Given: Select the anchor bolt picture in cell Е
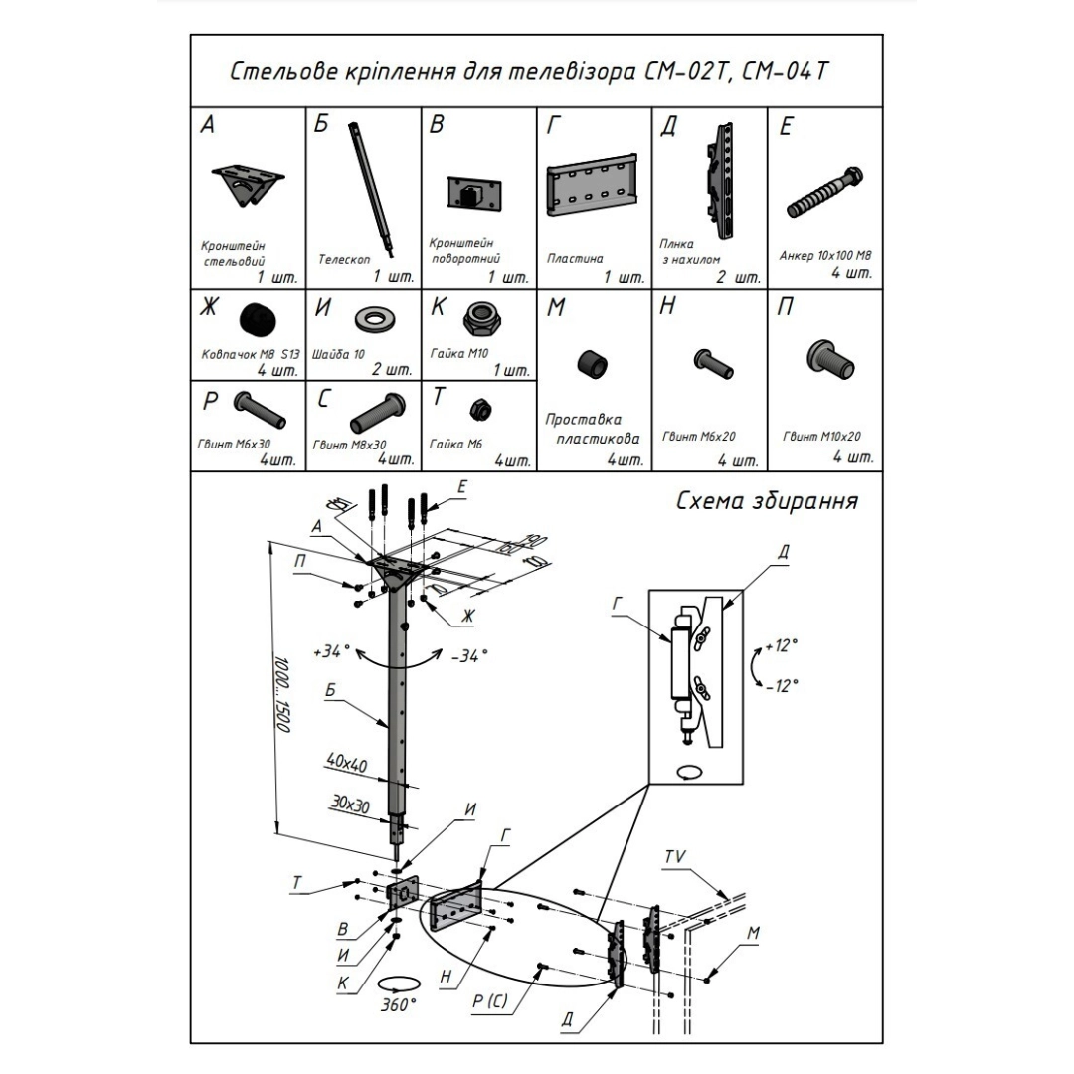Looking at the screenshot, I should pyautogui.click(x=824, y=195).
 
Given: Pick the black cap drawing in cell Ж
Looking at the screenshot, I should pyautogui.click(x=258, y=320).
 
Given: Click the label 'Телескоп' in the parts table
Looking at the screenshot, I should pyautogui.click(x=344, y=258).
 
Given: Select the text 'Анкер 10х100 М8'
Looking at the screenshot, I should pyautogui.click(x=824, y=255).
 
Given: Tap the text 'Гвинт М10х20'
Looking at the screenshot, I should pyautogui.click(x=821, y=436).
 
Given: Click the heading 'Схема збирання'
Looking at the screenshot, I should pyautogui.click(x=767, y=501).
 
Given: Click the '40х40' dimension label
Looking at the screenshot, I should pyautogui.click(x=346, y=762).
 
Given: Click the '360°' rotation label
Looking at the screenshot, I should pyautogui.click(x=398, y=1005).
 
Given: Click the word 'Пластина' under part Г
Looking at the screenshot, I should pyautogui.click(x=575, y=258).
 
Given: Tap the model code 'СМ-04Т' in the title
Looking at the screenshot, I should pyautogui.click(x=795, y=72).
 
